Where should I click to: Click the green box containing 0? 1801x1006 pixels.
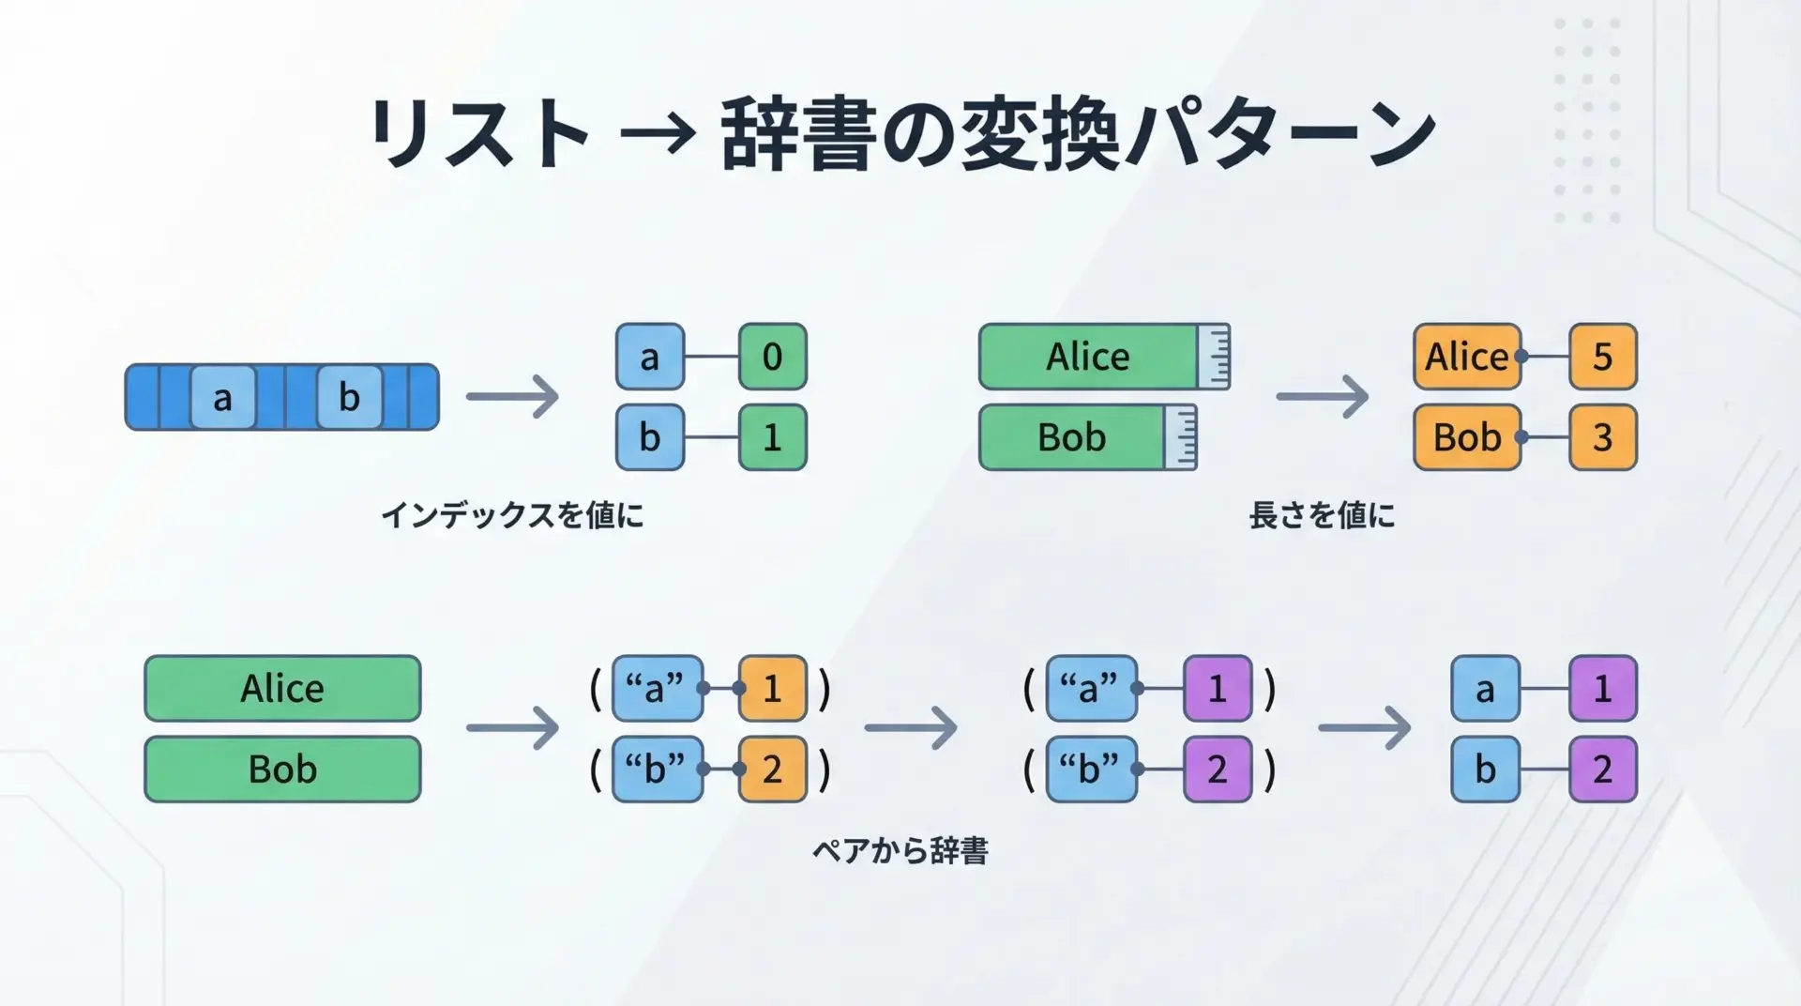772,357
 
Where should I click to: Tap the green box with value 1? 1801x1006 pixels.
772,437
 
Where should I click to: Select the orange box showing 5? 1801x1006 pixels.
1602,357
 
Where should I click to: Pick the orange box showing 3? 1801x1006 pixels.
1602,437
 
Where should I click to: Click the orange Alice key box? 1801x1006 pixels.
1466,357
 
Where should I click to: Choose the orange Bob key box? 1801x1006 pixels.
1466,437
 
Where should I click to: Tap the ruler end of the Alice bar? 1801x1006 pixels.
1214,357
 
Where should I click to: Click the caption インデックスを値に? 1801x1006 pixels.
512,515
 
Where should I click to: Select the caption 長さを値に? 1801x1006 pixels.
1322,515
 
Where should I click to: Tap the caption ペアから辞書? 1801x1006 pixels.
900,851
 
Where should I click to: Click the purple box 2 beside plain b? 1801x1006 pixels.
1602,770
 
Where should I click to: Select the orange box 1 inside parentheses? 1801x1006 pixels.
772,689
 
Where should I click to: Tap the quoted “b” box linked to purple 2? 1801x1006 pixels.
1090,770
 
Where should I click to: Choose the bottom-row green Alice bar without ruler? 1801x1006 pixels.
282,689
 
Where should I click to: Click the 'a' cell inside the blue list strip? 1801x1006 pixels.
222,398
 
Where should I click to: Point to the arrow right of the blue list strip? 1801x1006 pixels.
512,396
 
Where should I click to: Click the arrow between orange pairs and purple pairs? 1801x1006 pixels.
911,728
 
